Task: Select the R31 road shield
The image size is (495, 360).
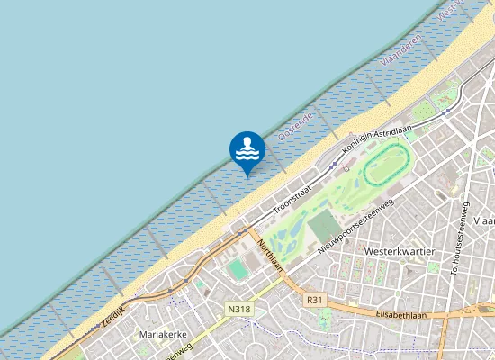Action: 314,300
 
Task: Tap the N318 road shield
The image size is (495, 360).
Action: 238,309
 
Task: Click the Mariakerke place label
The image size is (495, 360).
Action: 164,335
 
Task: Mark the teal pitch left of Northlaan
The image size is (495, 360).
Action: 238,269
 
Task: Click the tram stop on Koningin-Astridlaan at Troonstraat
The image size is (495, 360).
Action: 332,166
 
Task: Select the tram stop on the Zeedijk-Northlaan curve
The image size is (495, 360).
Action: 241,231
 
